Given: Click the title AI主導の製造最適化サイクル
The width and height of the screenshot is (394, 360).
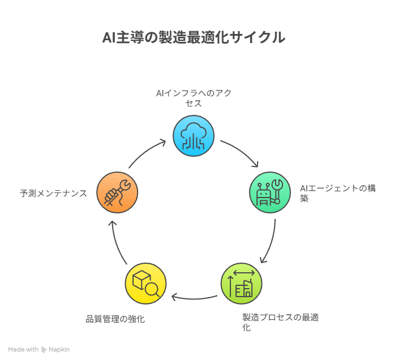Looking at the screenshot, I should click(193, 38).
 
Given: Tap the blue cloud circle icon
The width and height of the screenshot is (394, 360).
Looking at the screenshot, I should click(194, 136).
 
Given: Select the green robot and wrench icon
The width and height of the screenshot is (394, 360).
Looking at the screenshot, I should click(270, 192).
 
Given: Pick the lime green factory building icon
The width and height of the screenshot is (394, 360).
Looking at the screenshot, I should click(241, 284).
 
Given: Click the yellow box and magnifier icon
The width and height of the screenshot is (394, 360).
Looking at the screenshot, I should click(145, 284).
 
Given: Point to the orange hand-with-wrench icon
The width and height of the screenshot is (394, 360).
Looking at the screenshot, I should click(117, 192).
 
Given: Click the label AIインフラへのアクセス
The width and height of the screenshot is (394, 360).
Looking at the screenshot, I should click(194, 98).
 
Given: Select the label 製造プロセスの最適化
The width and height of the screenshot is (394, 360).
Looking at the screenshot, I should click(280, 322).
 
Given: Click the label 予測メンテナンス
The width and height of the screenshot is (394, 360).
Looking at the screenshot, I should click(53, 194).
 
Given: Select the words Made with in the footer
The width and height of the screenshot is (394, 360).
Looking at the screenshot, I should click(23, 350).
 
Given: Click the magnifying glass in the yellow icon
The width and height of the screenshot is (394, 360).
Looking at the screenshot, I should click(152, 290).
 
